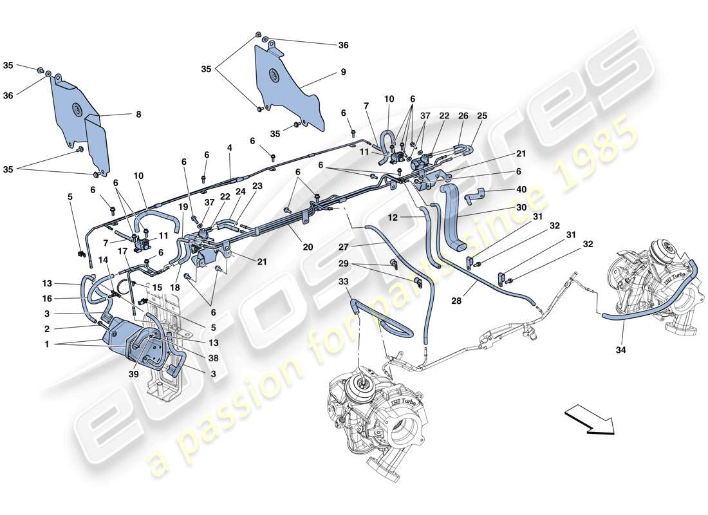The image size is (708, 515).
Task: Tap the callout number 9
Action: (343, 72)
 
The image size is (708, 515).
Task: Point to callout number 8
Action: (137, 115)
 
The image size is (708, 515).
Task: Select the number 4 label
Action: (228, 148)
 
